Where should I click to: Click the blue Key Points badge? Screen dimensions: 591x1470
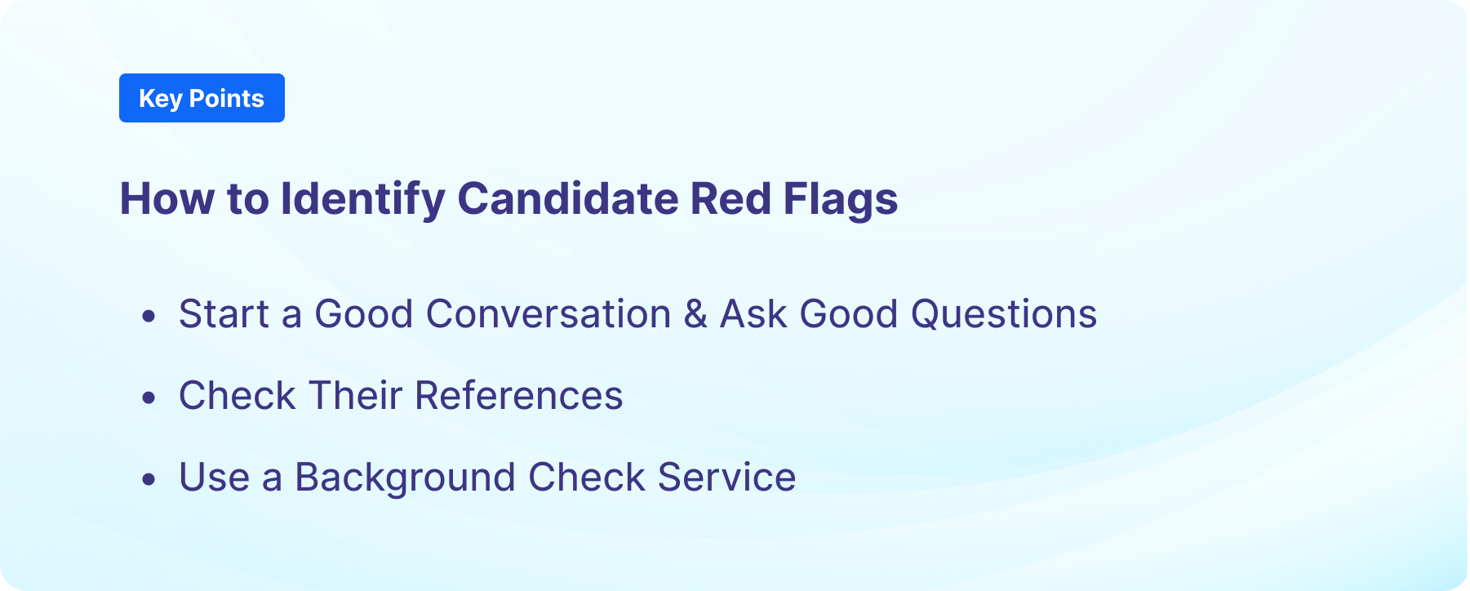202,98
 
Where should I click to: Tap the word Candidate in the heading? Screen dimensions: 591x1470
567,198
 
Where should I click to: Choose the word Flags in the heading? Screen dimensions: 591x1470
841,198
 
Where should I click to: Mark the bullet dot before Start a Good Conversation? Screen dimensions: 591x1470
148,316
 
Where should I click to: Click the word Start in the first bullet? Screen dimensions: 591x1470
224,314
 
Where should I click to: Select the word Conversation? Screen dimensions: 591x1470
548,314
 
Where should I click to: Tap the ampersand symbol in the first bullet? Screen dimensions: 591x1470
695,314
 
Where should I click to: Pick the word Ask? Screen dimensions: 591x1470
753,314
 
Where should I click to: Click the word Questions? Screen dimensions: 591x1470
1003,314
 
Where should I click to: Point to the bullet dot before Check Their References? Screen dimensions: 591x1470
148,398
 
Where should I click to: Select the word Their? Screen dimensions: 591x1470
355,396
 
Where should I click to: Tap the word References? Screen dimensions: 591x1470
518,396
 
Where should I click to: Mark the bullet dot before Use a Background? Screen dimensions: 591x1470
148,479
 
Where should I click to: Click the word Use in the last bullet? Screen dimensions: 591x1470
214,478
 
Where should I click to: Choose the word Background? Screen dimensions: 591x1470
405,478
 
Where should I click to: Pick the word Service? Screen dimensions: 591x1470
726,478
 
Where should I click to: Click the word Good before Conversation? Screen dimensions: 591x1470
363,314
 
